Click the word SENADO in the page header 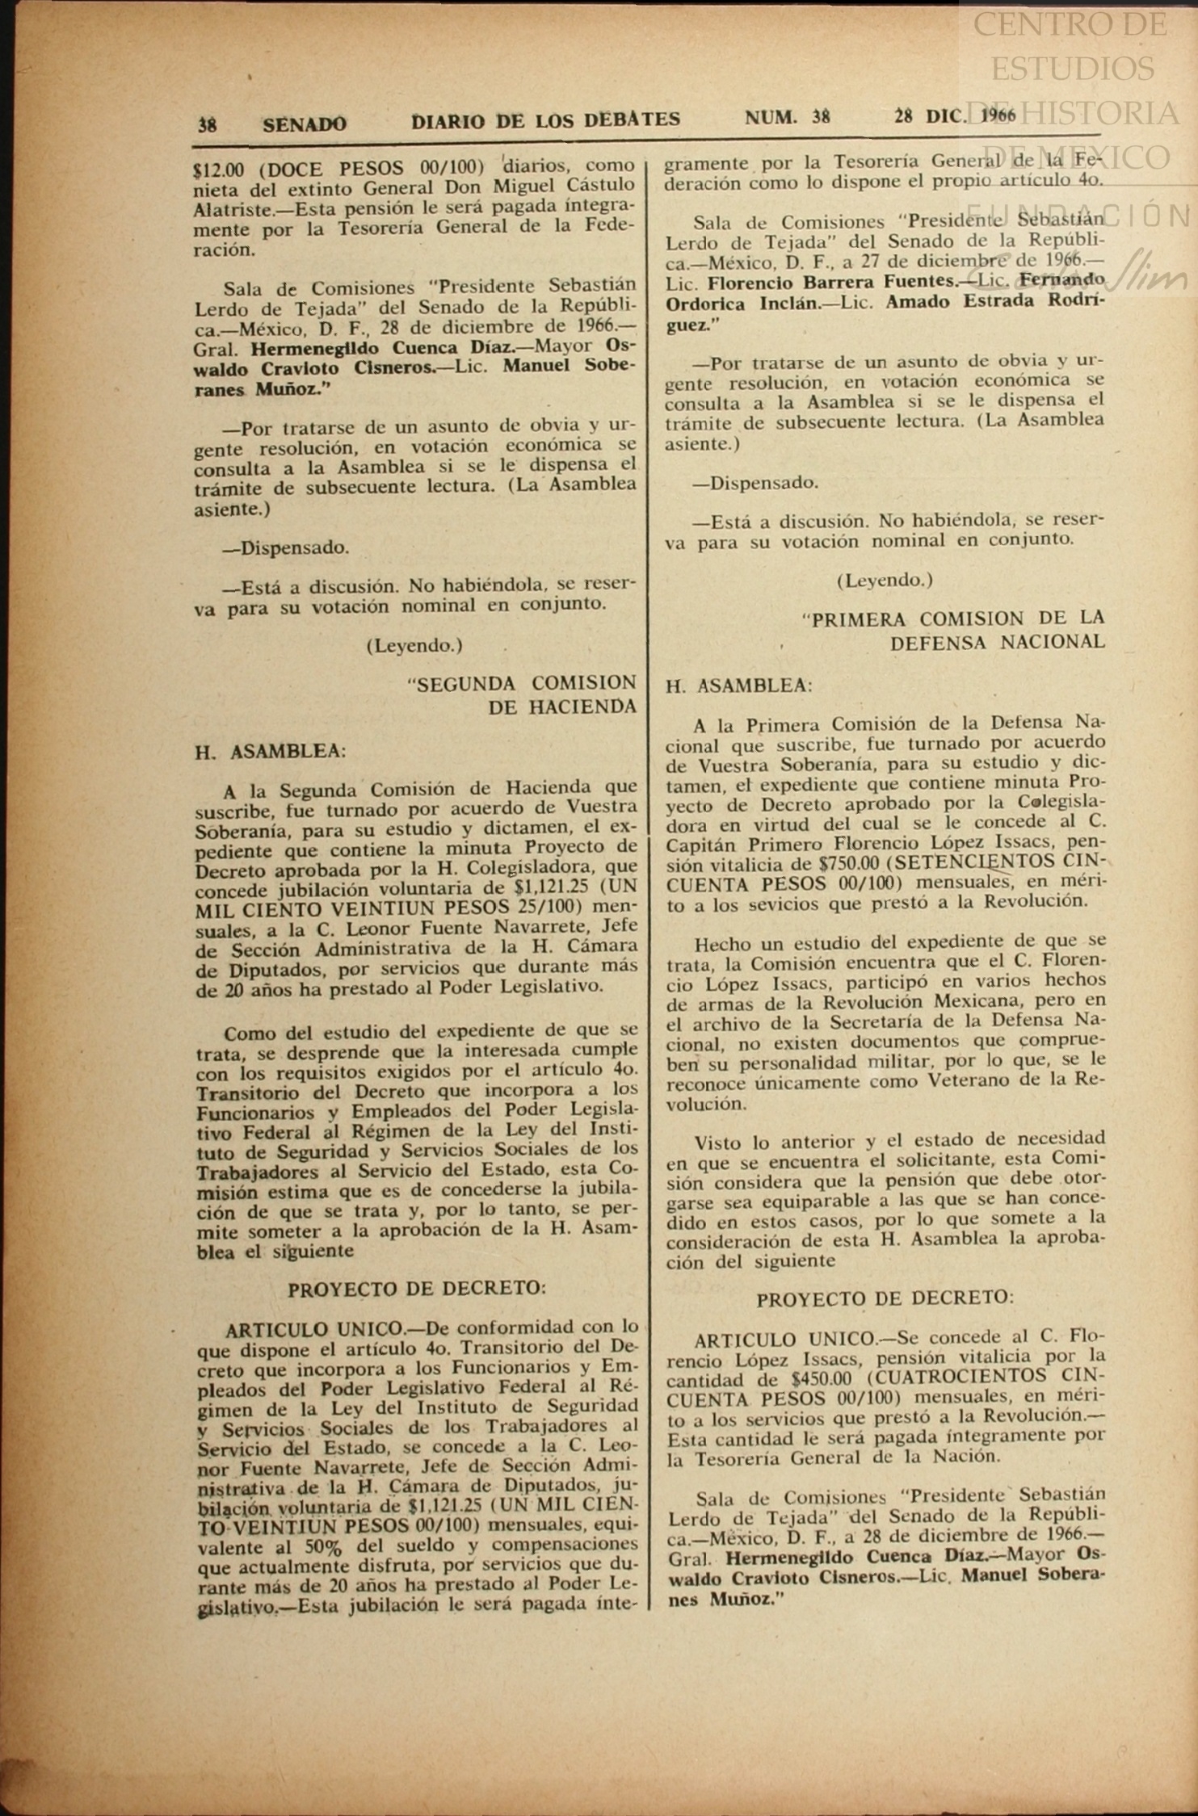tap(305, 124)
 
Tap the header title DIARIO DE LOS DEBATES tap(545, 120)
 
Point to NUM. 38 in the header tap(787, 118)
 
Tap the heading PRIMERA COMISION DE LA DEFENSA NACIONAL tap(958, 630)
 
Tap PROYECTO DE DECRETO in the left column tap(417, 1289)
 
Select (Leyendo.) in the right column tap(885, 580)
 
